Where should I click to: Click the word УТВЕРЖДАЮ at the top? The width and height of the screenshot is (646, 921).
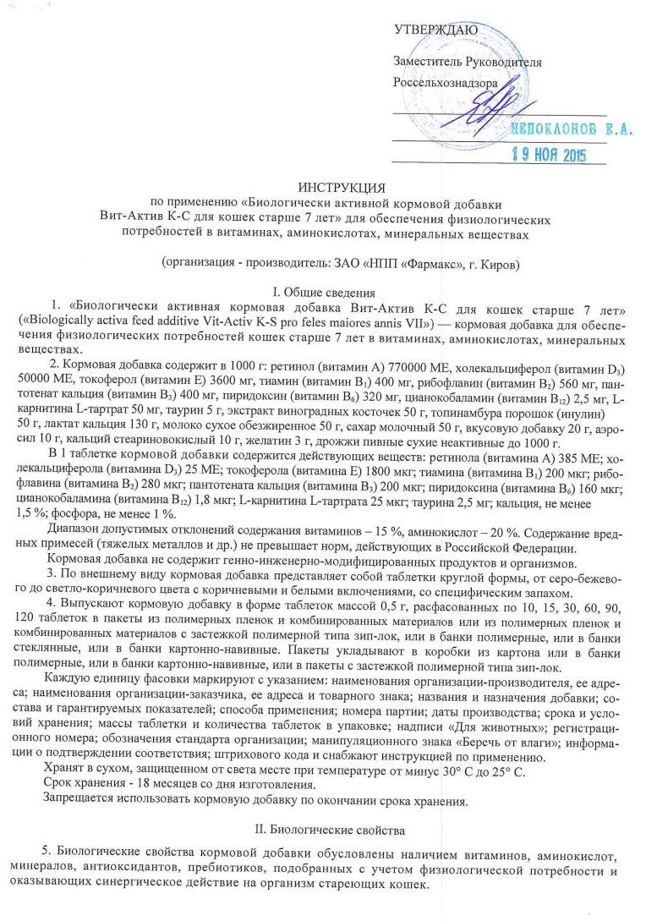click(435, 30)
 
